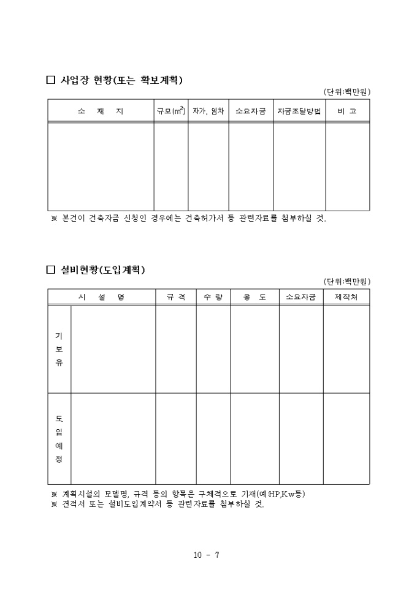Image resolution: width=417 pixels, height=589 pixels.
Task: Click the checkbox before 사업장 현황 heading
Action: [51, 80]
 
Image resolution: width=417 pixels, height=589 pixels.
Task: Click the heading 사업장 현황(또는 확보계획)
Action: [122, 80]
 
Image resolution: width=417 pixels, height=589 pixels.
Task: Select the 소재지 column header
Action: [101, 111]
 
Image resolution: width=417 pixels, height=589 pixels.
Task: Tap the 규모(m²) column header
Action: [171, 111]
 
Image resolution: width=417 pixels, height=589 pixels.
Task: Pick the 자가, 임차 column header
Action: [208, 111]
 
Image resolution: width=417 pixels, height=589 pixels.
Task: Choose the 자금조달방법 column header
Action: [299, 111]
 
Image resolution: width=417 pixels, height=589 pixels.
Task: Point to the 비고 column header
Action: [347, 111]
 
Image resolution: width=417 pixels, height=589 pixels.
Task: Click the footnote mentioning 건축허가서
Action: [189, 219]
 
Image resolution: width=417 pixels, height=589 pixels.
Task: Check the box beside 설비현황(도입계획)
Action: [51, 270]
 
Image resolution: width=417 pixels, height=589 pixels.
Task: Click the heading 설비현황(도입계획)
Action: [102, 270]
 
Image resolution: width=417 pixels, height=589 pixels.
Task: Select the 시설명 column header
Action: [101, 297]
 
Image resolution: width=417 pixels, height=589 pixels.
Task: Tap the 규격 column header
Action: [175, 297]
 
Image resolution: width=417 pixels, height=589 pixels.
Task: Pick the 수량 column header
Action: [213, 297]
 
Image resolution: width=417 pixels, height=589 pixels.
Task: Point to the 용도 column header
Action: [254, 297]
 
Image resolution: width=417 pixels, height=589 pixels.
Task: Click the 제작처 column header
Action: [346, 297]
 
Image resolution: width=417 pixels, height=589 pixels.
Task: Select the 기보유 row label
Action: [59, 349]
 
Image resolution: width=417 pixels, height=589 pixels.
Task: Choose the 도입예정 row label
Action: [59, 438]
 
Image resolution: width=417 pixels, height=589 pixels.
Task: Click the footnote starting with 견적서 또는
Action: [158, 505]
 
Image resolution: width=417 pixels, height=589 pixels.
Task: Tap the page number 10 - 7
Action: [207, 555]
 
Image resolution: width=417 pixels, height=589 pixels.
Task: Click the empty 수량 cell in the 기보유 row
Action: [213, 349]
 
